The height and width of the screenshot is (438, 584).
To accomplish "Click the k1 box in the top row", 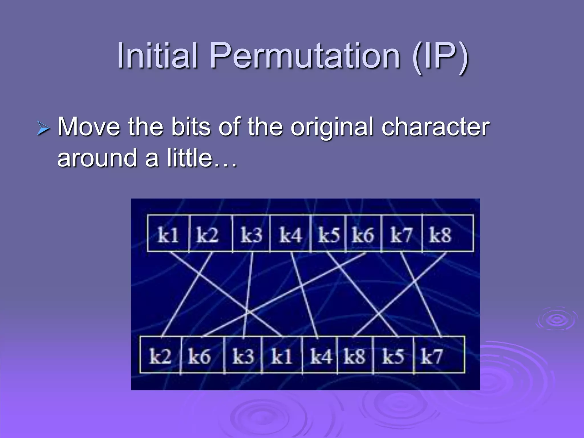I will tap(168, 234).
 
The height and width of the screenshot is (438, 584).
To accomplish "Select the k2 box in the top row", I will tap(210, 234).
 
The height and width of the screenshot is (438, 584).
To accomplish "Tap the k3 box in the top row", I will tap(251, 234).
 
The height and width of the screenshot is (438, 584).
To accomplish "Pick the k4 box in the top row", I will tap(290, 234).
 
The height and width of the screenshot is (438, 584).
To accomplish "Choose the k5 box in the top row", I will tap(328, 234).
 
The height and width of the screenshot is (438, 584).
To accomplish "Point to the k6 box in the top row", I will tap(363, 234).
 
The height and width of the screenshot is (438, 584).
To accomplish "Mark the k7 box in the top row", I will tap(401, 234).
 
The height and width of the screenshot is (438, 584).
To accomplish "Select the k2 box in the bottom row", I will tap(160, 355).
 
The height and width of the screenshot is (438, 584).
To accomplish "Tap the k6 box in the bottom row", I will tap(202, 355).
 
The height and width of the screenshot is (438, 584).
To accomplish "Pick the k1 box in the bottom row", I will tap(282, 355).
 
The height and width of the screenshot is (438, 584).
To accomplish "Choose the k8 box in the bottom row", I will tap(355, 355).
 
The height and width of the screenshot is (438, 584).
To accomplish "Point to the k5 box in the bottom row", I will tap(393, 355).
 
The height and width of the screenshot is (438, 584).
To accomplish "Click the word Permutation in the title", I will tap(305, 56).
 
